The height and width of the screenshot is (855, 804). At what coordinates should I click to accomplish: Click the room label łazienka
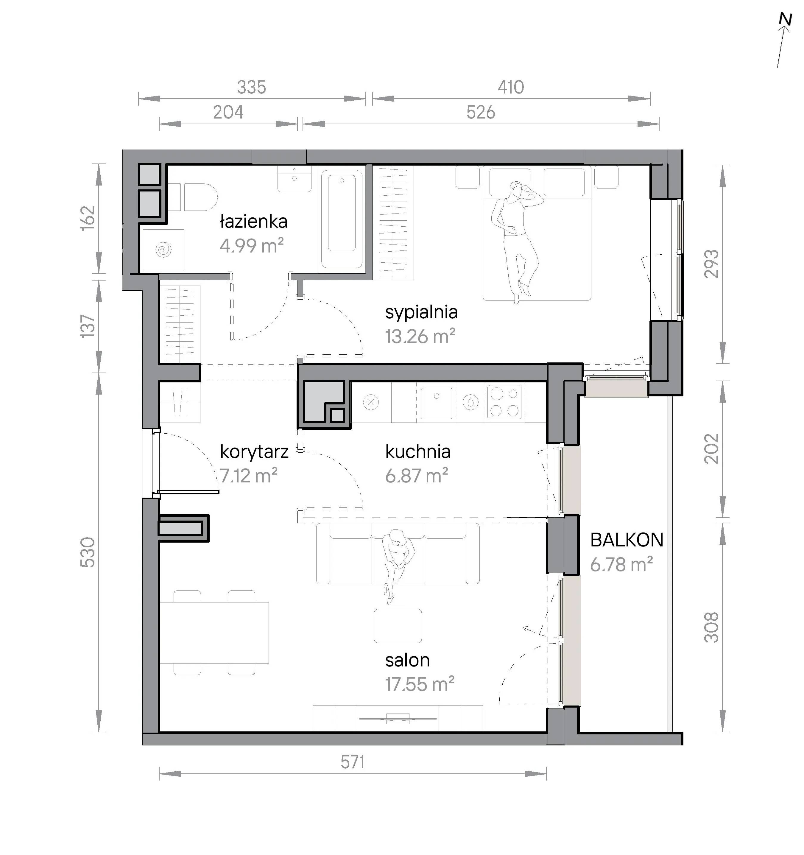click(253, 222)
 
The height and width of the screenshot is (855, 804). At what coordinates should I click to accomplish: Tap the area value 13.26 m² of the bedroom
click(420, 336)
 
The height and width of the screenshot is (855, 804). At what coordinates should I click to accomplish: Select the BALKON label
click(627, 540)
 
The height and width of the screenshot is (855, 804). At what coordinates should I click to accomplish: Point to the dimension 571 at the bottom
click(353, 762)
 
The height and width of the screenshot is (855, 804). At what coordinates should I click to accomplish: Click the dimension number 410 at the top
click(511, 87)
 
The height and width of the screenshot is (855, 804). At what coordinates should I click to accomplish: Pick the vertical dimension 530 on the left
click(88, 552)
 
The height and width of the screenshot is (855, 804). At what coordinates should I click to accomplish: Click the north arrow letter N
click(786, 19)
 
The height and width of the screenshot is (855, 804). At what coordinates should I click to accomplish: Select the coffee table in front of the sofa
click(398, 626)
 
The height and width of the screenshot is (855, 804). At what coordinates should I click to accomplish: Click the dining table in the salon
click(214, 633)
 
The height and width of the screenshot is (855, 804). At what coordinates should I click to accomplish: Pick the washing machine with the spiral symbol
click(163, 250)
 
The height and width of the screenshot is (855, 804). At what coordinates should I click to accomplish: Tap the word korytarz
click(254, 452)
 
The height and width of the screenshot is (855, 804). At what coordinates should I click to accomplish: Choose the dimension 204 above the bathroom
click(228, 112)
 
